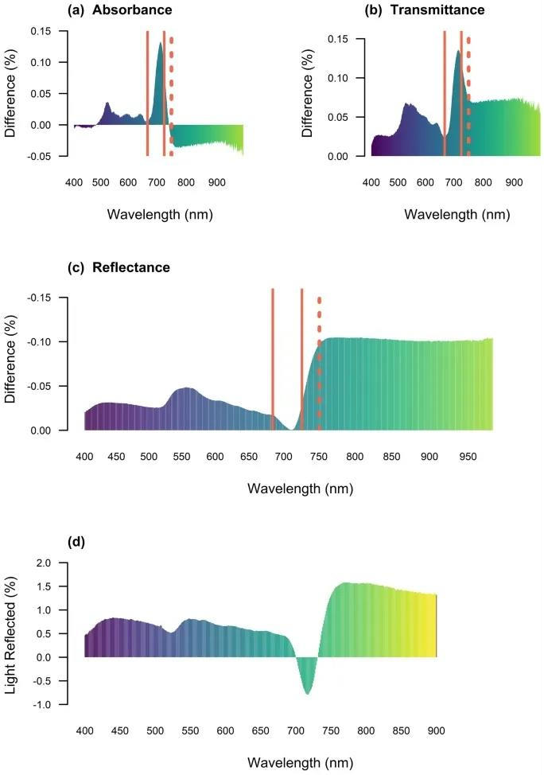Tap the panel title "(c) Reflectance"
click(x=119, y=267)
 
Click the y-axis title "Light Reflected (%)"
click(x=12, y=633)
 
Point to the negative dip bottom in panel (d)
click(x=307, y=693)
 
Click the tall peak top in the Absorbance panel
click(x=161, y=43)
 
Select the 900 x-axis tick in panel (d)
click(x=436, y=730)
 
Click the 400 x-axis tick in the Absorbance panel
click(x=74, y=182)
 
